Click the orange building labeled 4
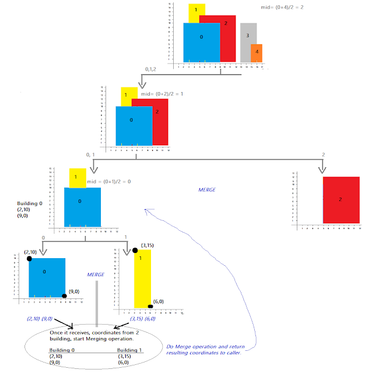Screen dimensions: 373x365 256,52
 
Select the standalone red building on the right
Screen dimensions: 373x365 341,199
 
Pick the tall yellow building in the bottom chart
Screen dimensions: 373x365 143,277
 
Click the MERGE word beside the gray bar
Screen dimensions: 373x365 96,274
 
